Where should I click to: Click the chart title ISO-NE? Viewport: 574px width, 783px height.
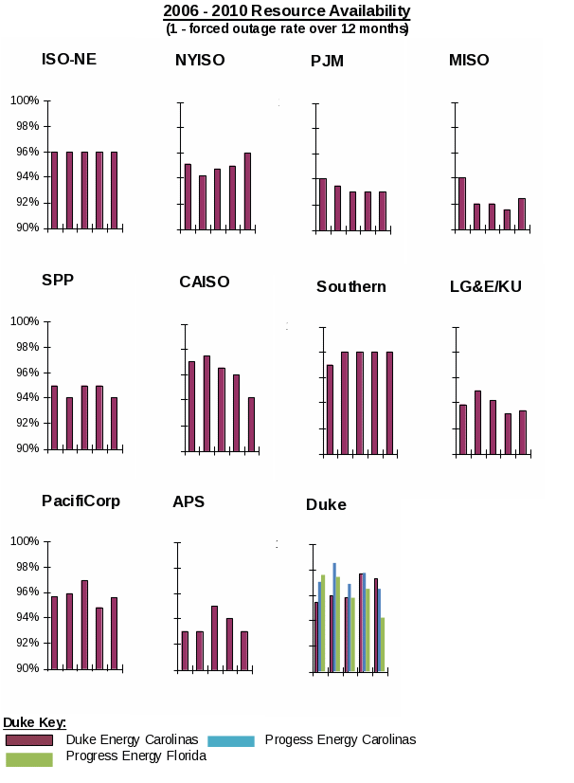tap(69, 60)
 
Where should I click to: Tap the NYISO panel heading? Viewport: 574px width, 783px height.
tap(200, 61)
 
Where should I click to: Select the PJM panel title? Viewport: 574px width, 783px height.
tap(327, 62)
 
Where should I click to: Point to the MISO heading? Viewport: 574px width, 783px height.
tap(469, 61)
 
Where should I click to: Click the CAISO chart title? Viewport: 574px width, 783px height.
tap(205, 282)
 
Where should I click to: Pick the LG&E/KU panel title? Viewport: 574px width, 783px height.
tap(486, 286)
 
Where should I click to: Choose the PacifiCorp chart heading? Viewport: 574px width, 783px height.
tap(81, 501)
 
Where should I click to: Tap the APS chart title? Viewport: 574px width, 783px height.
tap(188, 501)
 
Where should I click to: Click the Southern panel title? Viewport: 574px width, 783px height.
tap(351, 286)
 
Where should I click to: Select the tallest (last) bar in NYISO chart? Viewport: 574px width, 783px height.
tap(247, 191)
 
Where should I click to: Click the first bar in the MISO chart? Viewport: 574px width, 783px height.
tap(462, 203)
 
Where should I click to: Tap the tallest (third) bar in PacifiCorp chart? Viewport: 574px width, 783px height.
tap(84, 625)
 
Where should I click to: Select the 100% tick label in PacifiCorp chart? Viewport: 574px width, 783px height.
tap(25, 541)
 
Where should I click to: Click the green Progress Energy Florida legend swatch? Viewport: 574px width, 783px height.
tap(29, 759)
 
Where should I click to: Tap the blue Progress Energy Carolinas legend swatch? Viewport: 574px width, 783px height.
tap(231, 740)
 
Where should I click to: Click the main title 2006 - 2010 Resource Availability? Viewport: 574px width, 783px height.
tap(287, 11)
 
